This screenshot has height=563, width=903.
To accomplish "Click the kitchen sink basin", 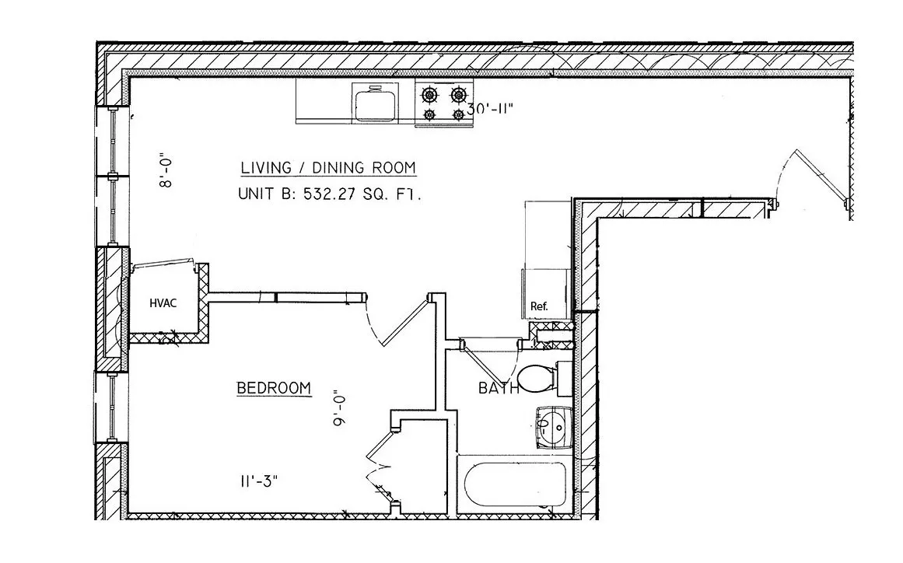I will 375,103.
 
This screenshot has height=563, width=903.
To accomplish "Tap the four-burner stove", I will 443,103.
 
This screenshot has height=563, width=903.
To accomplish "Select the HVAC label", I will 163,302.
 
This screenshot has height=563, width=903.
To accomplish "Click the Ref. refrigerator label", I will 539,306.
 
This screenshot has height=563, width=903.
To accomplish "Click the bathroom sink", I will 554,427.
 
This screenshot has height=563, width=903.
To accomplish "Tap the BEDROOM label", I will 274,388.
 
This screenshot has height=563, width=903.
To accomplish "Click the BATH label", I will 498,388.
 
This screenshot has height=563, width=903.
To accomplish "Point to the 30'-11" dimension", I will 489,110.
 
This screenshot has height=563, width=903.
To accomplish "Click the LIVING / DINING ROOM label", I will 327,168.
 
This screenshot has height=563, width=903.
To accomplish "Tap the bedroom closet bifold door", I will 376,463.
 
